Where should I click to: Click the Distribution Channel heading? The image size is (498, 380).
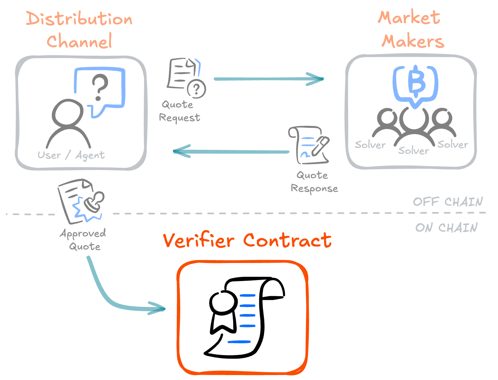[x=79, y=30]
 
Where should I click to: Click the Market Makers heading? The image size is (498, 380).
[x=412, y=30]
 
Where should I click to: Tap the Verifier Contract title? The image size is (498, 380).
[x=247, y=240]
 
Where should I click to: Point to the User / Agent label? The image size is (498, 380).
[x=71, y=155]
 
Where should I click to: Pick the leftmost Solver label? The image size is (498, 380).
[x=370, y=145]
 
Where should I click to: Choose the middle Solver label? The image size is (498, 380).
[x=413, y=151]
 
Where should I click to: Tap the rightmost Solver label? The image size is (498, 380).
[x=453, y=144]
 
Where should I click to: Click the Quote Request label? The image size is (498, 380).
[x=179, y=111]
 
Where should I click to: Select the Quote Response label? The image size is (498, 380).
[x=314, y=182]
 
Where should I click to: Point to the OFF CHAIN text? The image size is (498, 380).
[x=447, y=202]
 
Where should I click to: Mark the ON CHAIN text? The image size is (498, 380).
[x=446, y=227]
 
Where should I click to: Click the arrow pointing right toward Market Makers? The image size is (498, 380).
[x=269, y=79]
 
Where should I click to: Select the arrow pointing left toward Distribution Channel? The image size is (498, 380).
[x=231, y=152]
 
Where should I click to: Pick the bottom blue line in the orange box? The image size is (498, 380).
[x=239, y=342]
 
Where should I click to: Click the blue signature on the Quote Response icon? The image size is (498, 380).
[x=305, y=154]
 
